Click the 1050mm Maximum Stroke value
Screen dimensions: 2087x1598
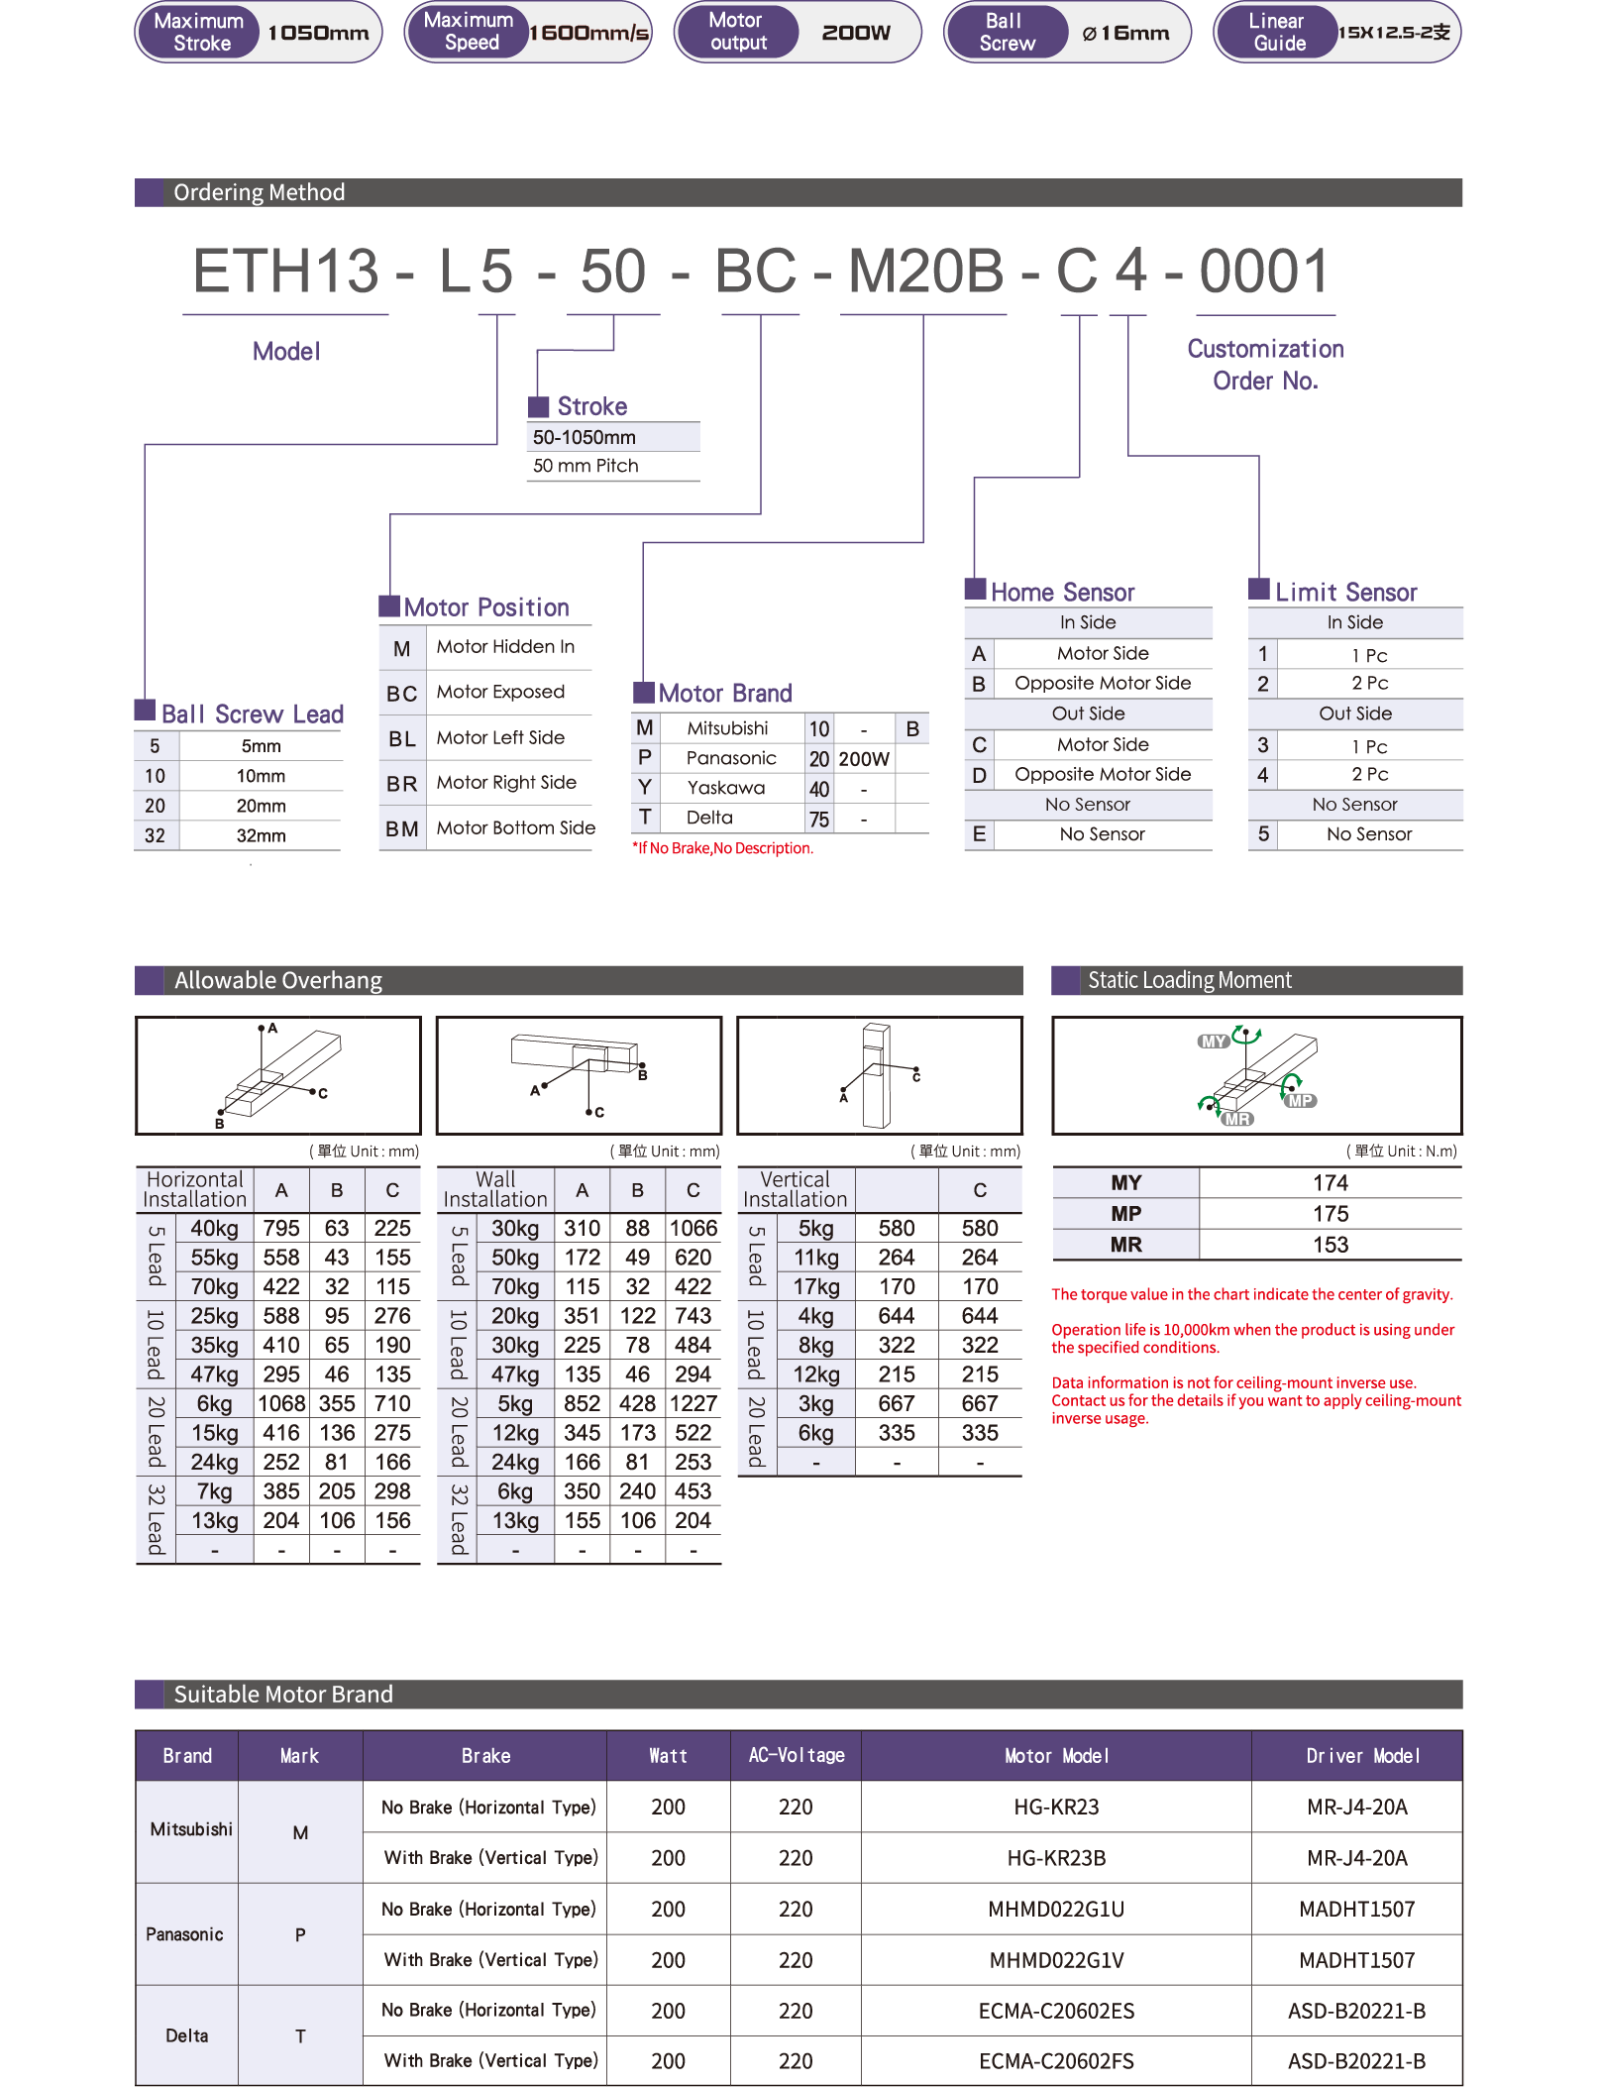point(318,33)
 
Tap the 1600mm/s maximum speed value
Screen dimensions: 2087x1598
point(589,33)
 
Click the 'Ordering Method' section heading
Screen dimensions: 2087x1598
point(260,192)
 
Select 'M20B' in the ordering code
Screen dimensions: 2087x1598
point(925,272)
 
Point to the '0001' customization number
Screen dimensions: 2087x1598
point(1264,272)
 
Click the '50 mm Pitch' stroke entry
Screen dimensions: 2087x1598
point(586,466)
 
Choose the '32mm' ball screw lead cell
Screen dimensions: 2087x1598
point(261,835)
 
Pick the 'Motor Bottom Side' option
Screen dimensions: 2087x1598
point(515,827)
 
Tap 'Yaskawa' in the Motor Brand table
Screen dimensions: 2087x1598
point(726,788)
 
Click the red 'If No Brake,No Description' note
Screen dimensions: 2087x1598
point(723,848)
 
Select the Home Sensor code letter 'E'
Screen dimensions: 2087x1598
point(979,834)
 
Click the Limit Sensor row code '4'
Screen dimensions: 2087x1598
point(1262,775)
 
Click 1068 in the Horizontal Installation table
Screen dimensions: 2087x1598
point(281,1403)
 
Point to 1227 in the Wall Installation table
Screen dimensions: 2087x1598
point(692,1403)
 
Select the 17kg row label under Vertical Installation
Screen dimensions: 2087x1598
point(816,1286)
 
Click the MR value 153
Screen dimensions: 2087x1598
point(1330,1245)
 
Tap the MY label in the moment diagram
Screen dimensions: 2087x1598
point(1214,1042)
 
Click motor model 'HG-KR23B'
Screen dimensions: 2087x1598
point(1056,1858)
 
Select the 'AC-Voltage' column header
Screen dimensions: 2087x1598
point(796,1755)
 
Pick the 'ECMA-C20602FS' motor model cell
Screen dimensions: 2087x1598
point(1056,2061)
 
